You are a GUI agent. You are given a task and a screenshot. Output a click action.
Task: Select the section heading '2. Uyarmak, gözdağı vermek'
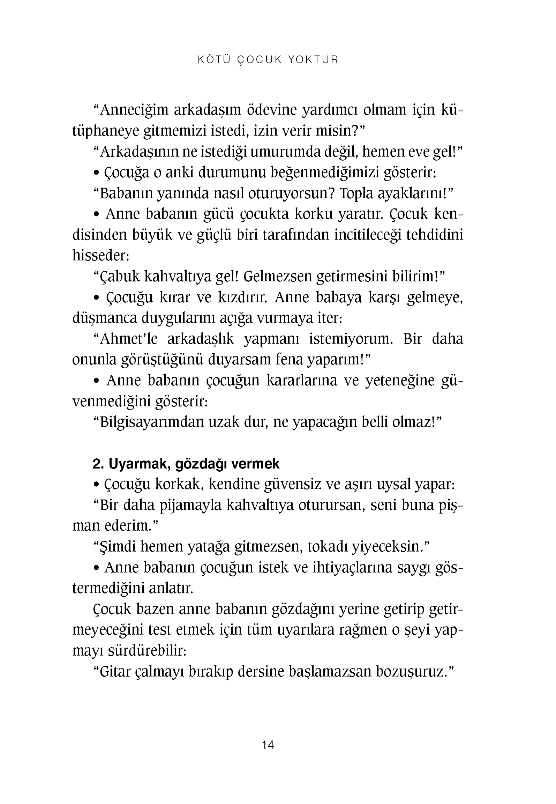pos(186,464)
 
